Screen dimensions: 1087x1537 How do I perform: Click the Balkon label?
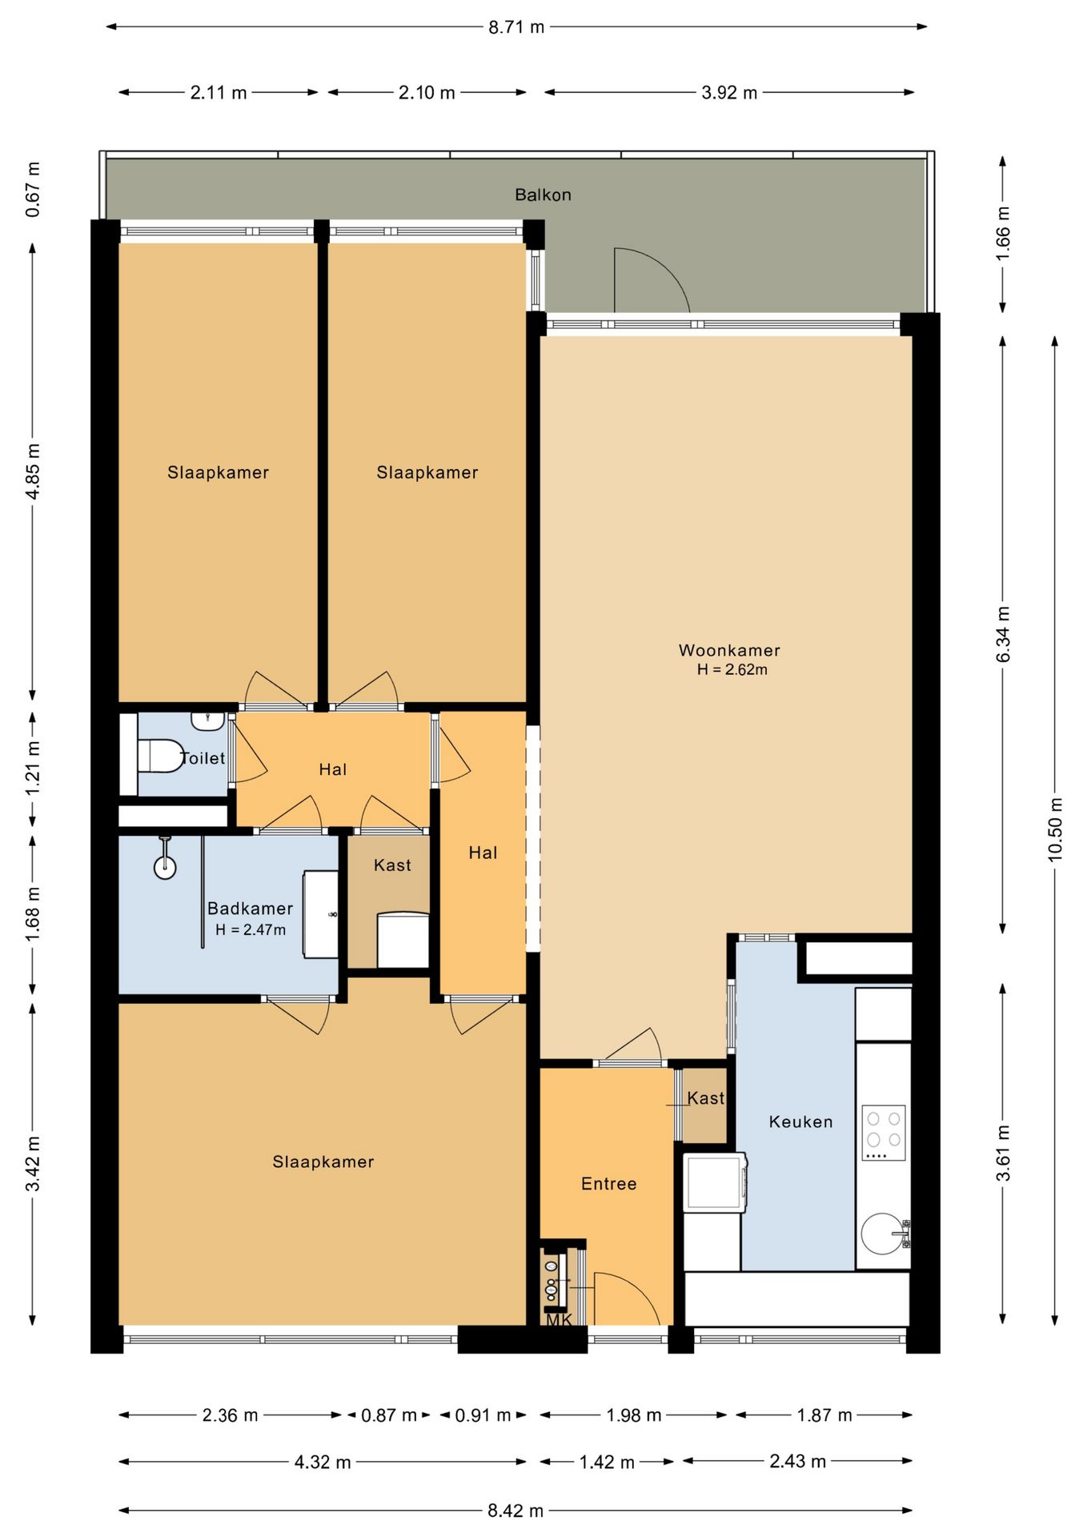point(543,195)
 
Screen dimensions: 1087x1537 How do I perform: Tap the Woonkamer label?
point(729,650)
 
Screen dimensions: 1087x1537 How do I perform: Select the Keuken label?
point(800,1122)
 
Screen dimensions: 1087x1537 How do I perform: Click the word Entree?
point(608,1183)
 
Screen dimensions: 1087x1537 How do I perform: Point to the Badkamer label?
point(250,908)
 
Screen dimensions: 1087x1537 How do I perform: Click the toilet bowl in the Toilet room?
point(160,756)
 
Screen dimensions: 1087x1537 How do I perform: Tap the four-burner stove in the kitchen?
point(884,1133)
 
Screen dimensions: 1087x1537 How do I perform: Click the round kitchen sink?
point(883,1233)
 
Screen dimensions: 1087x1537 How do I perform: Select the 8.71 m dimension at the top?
point(516,27)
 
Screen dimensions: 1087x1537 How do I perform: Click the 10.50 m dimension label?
point(1055,829)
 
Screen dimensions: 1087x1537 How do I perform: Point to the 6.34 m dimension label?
point(1003,634)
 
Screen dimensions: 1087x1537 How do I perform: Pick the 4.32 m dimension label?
point(323,1462)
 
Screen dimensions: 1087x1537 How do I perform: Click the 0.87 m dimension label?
point(389,1415)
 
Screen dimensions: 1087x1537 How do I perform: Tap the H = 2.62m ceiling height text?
point(732,670)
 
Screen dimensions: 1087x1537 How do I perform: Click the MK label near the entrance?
point(559,1319)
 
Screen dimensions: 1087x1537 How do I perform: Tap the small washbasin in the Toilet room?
point(207,720)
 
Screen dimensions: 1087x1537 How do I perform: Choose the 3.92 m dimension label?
point(729,92)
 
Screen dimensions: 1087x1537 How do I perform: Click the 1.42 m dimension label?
point(607,1462)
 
